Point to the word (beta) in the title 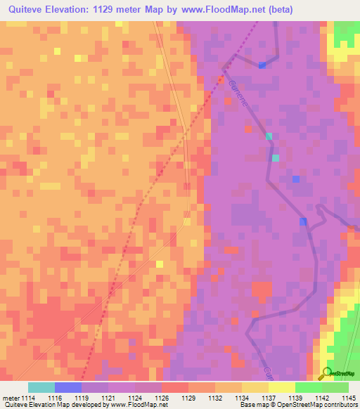tap(278, 10)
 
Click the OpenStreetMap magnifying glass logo tap(326, 375)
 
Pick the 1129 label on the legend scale tap(189, 397)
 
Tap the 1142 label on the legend tap(323, 397)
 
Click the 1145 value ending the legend tap(349, 397)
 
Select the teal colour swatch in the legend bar tap(41, 387)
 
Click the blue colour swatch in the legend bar tap(68, 387)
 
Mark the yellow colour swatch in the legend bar tap(282, 387)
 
